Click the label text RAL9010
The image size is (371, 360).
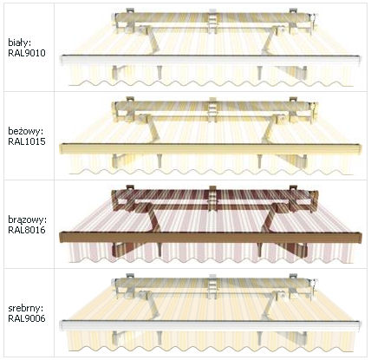[x=27, y=53]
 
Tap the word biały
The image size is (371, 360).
[x=19, y=43]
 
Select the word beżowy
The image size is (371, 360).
[x=25, y=131]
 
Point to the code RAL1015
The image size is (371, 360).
[x=27, y=141]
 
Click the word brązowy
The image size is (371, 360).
[x=27, y=220]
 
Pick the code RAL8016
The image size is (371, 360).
[x=27, y=230]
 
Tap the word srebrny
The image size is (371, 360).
[x=27, y=308]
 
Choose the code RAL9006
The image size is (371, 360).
[x=27, y=318]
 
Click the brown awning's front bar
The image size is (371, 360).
[x=211, y=237]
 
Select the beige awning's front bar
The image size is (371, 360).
[x=211, y=148]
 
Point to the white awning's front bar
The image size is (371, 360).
[x=211, y=60]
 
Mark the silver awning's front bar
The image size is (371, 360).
[x=211, y=325]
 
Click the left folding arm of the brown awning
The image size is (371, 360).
[x=152, y=218]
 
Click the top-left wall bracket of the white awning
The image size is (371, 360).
[x=130, y=10]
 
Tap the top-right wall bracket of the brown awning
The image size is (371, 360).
[x=293, y=188]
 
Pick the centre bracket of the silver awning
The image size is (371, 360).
[x=212, y=286]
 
